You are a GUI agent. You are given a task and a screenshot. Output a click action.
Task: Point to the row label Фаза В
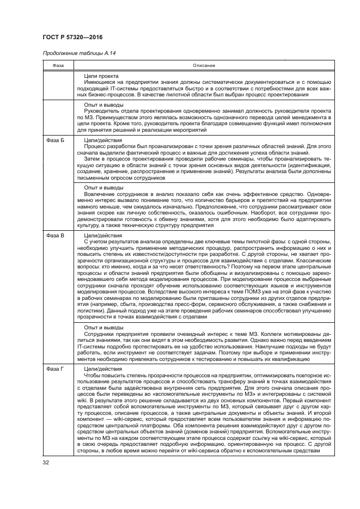(x=55, y=235)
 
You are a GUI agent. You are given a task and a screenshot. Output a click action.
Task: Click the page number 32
(x=46, y=463)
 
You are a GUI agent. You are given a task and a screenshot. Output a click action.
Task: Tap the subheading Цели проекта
(x=102, y=76)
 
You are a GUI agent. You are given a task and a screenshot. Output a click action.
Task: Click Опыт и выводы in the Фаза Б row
(x=103, y=188)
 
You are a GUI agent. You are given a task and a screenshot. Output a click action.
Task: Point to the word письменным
(x=95, y=178)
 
